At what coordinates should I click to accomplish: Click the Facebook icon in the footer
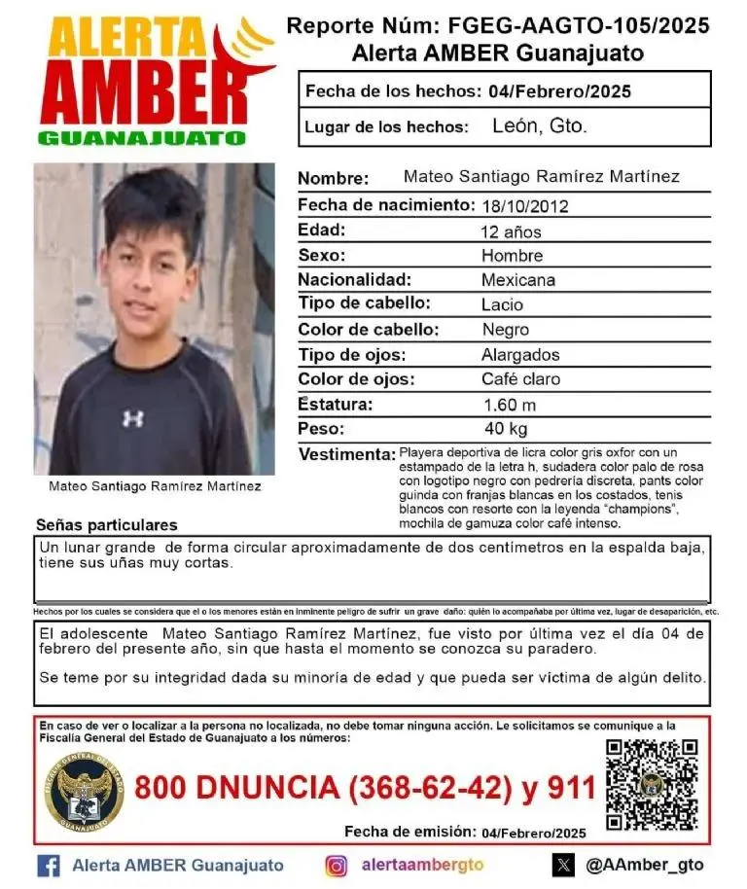click(49, 865)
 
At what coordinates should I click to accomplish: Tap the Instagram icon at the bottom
click(336, 865)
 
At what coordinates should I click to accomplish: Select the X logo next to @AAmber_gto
click(563, 865)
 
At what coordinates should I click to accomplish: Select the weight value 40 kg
click(506, 429)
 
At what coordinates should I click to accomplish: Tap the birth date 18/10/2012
click(524, 206)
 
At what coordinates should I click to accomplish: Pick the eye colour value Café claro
click(520, 379)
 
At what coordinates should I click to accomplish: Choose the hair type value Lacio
click(502, 304)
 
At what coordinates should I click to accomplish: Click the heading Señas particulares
click(107, 524)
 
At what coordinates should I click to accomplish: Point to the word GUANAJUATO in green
click(142, 138)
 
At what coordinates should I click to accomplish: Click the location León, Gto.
click(540, 126)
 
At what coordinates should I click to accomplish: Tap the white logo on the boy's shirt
click(133, 418)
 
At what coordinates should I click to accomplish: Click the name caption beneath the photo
click(155, 485)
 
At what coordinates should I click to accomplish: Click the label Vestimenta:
click(346, 455)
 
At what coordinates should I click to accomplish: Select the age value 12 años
click(511, 231)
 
